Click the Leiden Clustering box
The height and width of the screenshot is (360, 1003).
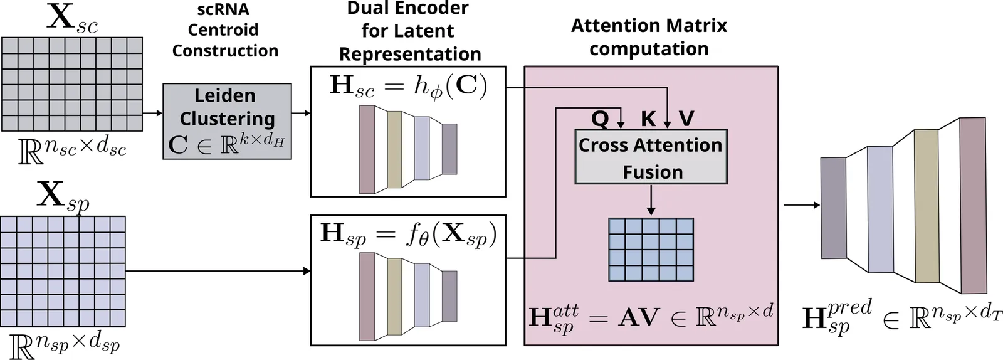click(227, 120)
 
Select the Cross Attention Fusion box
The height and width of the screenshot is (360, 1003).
click(651, 157)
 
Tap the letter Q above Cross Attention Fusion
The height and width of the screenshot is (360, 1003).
click(600, 119)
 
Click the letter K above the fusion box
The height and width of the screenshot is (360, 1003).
click(648, 119)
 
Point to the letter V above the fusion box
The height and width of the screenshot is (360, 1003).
click(686, 119)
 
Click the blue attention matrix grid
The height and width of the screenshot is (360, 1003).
click(651, 249)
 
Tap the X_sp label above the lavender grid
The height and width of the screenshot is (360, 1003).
click(63, 197)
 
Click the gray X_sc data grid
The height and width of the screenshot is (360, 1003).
click(72, 84)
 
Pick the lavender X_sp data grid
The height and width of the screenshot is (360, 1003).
click(63, 271)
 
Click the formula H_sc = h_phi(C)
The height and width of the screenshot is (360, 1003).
click(408, 86)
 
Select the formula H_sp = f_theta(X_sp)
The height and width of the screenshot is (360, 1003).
click(408, 235)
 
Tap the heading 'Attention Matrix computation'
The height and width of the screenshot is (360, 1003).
click(649, 37)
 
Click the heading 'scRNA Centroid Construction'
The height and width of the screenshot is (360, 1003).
click(224, 30)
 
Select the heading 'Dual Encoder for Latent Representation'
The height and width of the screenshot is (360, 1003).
click(409, 31)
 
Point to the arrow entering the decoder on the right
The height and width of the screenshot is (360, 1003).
click(802, 205)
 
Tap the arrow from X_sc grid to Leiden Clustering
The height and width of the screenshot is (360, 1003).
click(152, 114)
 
